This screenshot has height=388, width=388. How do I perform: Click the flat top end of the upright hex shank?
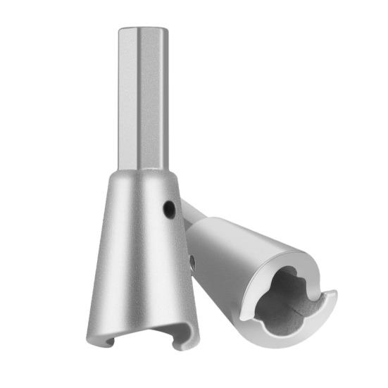[x=143, y=28]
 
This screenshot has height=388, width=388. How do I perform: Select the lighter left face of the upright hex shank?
[x=127, y=99]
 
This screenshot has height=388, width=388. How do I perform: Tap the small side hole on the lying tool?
[x=192, y=261]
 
